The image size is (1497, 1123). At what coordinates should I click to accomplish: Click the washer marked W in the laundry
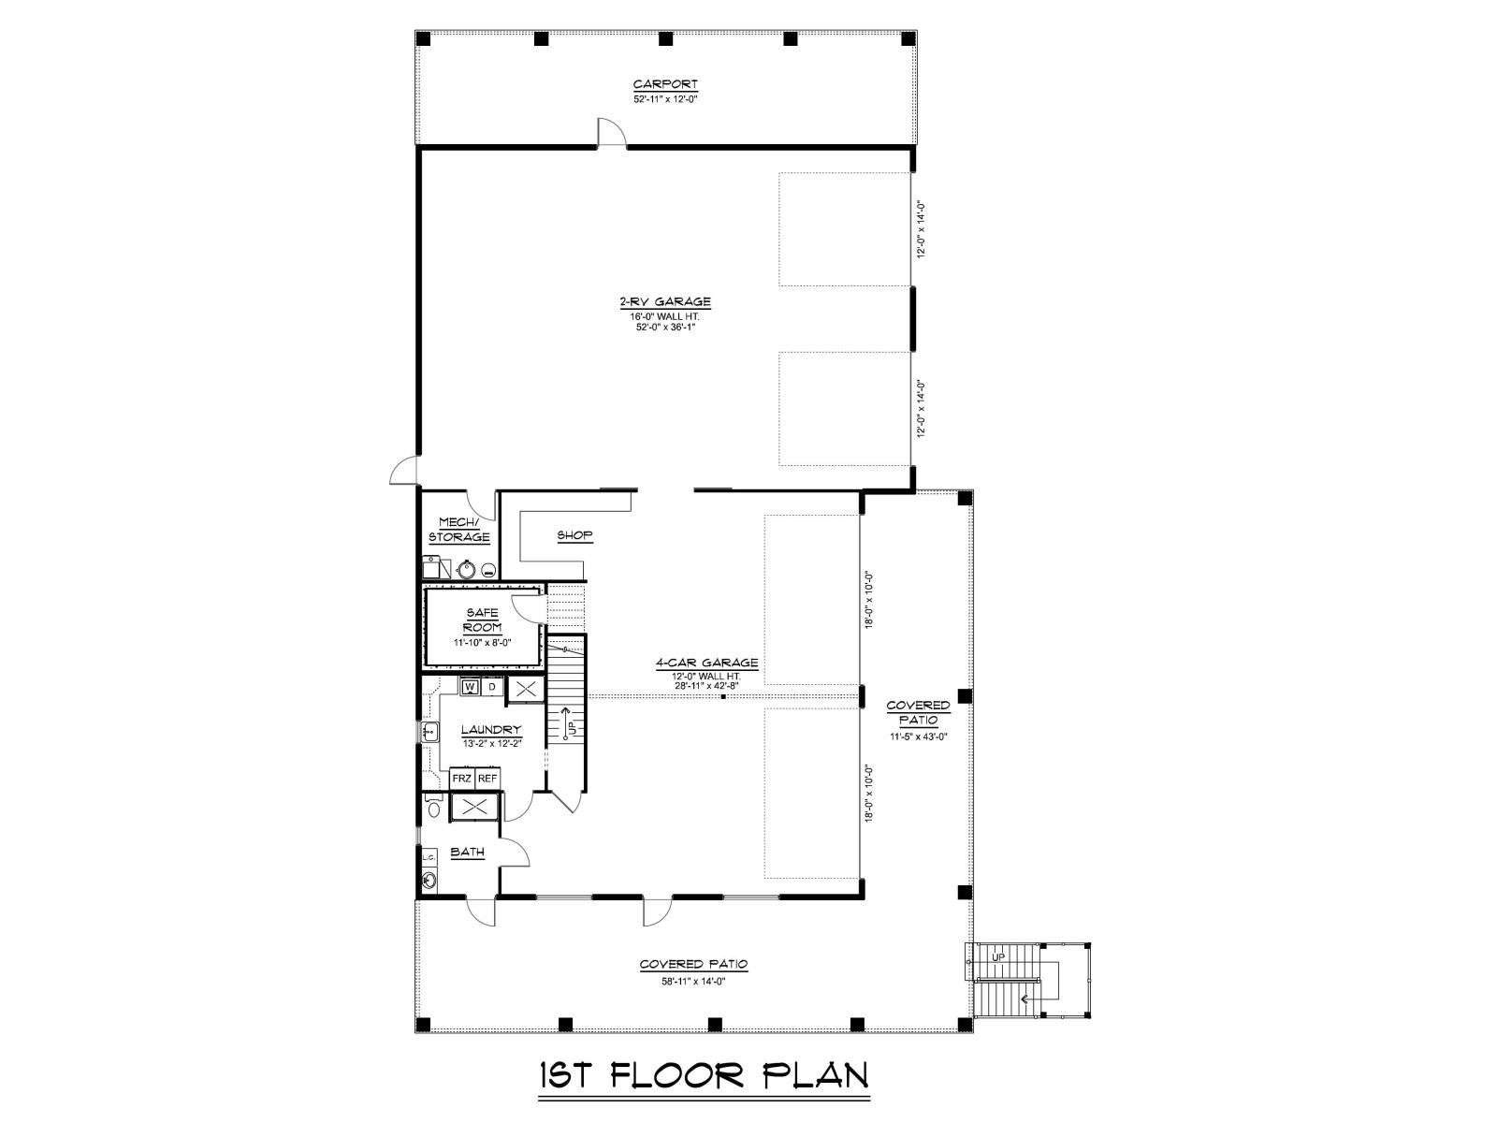click(470, 686)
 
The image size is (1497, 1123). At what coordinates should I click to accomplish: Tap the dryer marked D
click(492, 686)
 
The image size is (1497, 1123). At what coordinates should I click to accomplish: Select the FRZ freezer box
click(461, 778)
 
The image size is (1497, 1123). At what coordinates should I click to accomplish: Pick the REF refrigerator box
click(487, 778)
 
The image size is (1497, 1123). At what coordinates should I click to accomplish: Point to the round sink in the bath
click(429, 879)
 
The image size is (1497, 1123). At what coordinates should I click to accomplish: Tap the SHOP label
click(574, 535)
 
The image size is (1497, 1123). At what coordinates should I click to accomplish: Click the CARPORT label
click(665, 84)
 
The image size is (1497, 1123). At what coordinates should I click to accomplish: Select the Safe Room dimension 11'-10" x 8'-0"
click(482, 642)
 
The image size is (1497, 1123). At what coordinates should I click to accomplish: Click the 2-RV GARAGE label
click(665, 301)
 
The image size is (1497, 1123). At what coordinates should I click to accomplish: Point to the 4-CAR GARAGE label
click(706, 662)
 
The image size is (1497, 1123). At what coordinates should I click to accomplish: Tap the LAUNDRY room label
click(491, 730)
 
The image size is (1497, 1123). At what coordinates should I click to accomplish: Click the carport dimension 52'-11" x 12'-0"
click(665, 99)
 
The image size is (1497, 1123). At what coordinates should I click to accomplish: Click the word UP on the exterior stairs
click(997, 957)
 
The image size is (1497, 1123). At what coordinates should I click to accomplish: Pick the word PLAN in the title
click(815, 1075)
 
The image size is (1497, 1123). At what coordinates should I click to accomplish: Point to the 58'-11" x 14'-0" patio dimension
click(693, 981)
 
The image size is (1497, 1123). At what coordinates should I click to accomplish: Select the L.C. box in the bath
click(429, 857)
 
